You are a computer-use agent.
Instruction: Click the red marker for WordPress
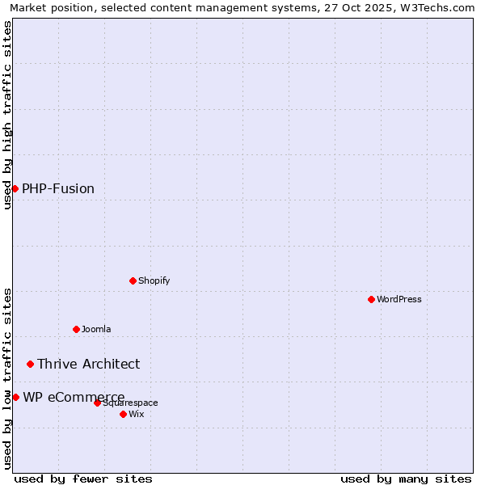click(371, 299)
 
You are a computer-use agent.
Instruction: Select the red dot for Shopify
click(133, 280)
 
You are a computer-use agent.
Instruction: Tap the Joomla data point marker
click(76, 329)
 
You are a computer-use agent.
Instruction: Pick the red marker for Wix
click(123, 414)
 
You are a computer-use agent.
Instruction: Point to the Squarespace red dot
click(97, 403)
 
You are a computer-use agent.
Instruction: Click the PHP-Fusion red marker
click(15, 188)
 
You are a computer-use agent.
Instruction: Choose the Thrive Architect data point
click(30, 364)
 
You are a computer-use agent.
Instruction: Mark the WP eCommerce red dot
click(15, 397)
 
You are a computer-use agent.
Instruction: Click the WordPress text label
click(399, 299)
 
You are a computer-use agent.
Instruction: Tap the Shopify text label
click(154, 280)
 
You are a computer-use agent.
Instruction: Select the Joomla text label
click(96, 329)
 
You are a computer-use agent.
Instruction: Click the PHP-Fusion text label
click(58, 188)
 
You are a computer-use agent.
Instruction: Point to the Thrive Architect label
click(88, 364)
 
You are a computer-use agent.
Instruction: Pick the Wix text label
click(137, 414)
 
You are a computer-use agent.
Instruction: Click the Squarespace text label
click(131, 403)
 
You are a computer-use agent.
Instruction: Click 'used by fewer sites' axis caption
click(83, 479)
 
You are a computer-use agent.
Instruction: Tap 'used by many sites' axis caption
click(406, 479)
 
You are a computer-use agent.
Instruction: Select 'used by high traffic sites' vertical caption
click(8, 115)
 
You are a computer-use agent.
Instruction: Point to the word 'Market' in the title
click(27, 7)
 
